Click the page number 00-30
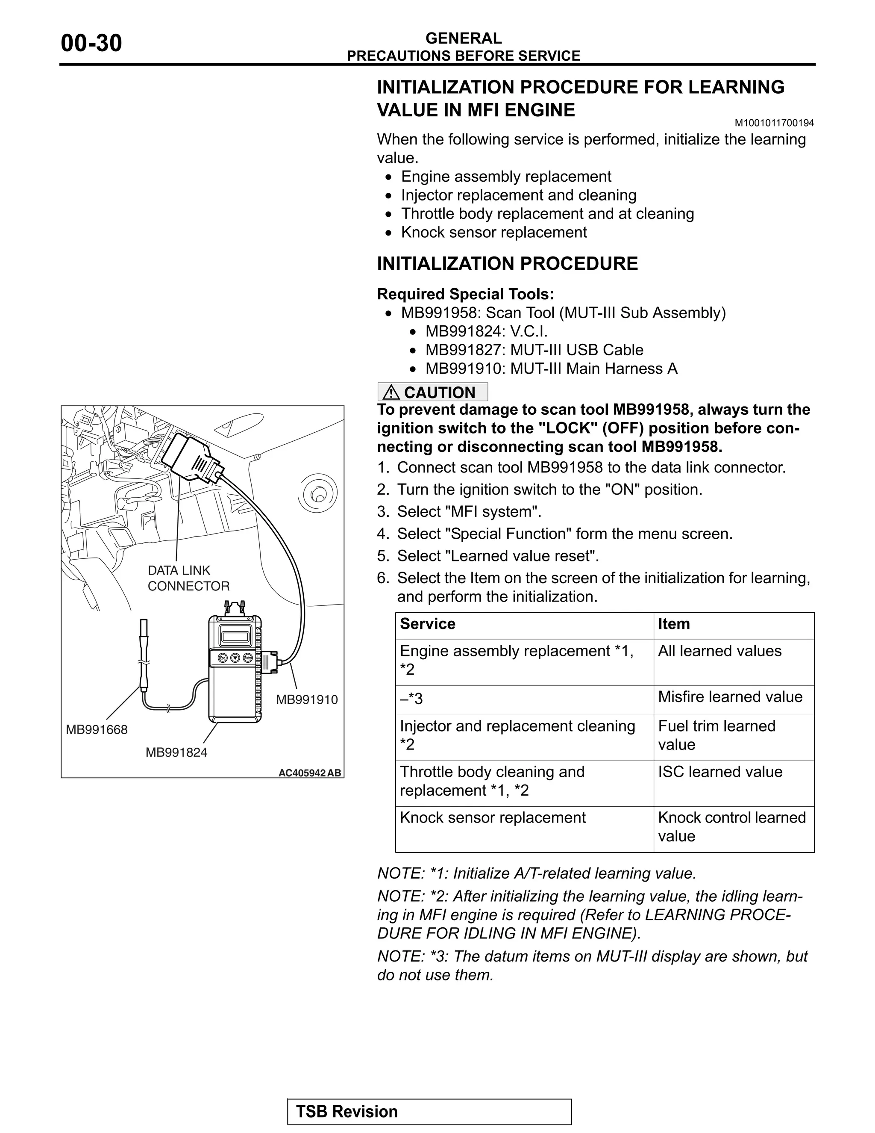point(91,44)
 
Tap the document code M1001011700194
point(774,123)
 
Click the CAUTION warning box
point(432,392)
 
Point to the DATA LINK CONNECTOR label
point(188,578)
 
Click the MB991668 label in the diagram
point(97,730)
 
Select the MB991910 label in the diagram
point(306,700)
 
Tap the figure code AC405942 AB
point(309,773)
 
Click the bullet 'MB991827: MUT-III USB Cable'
point(534,350)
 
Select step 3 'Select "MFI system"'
point(469,512)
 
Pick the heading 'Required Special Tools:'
point(465,294)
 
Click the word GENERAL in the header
point(463,38)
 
